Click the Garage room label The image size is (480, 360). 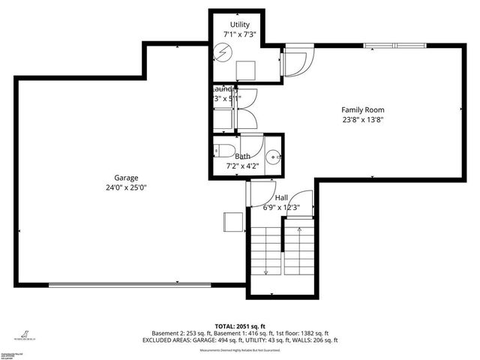[125, 178]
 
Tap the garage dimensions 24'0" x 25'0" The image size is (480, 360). [125, 187]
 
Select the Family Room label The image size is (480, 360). [363, 109]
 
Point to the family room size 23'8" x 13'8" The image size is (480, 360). [363, 118]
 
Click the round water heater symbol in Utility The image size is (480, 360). [223, 52]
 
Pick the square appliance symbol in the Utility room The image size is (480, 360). [245, 70]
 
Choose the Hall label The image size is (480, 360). [281, 197]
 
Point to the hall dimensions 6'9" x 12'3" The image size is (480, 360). [281, 207]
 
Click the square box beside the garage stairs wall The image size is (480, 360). [232, 223]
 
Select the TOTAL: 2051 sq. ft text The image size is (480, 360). [240, 326]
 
